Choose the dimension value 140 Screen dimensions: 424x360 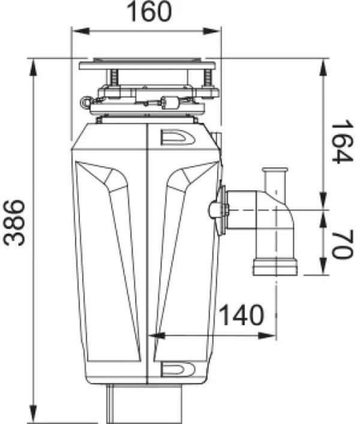pos(240,315)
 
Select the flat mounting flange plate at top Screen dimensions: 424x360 pos(148,63)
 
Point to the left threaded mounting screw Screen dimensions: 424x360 pos(113,78)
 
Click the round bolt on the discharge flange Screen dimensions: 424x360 pos(215,210)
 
